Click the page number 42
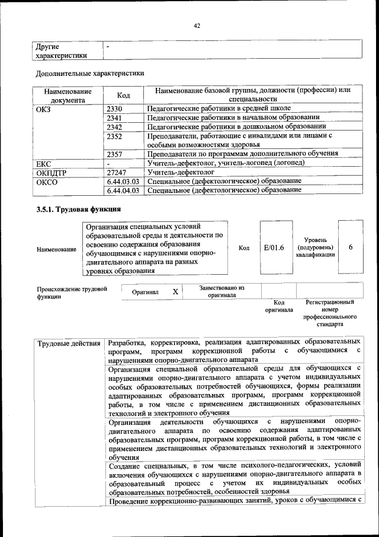pos(198,26)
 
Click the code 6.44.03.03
pos(123,181)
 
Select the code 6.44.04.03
pos(123,190)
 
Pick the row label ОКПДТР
pos(52,172)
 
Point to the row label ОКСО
pos(47,181)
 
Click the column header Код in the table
pos(124,95)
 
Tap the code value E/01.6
pos(274,247)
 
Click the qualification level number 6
pos(351,247)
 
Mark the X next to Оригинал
pos(175,292)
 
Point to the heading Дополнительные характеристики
pos(90,74)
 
